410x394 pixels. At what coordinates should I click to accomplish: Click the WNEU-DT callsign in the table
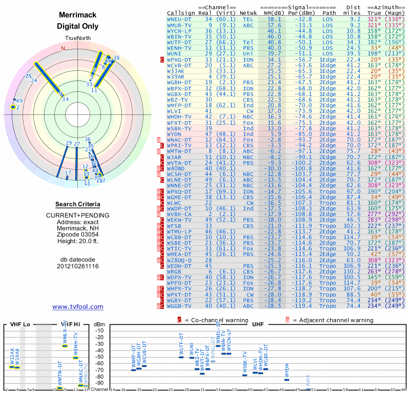pyautogui.click(x=180, y=18)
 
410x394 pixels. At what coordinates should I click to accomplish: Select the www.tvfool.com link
pyautogui.click(x=77, y=307)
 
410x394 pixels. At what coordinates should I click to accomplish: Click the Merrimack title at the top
pyautogui.click(x=77, y=15)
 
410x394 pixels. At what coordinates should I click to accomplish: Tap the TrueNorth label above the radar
pyautogui.click(x=77, y=39)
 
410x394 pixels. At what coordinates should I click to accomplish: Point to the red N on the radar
pyautogui.click(x=64, y=49)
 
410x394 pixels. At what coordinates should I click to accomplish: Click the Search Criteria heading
pyautogui.click(x=77, y=204)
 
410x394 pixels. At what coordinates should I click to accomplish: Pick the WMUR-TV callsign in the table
pyautogui.click(x=180, y=25)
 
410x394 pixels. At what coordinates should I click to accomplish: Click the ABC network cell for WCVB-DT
pyautogui.click(x=248, y=66)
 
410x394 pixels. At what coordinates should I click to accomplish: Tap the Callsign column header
pyautogui.click(x=181, y=12)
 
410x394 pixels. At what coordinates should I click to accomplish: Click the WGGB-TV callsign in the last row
pyautogui.click(x=180, y=306)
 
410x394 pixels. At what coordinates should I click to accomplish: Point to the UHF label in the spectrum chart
pyautogui.click(x=258, y=324)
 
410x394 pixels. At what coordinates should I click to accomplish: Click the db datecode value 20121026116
pyautogui.click(x=77, y=266)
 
